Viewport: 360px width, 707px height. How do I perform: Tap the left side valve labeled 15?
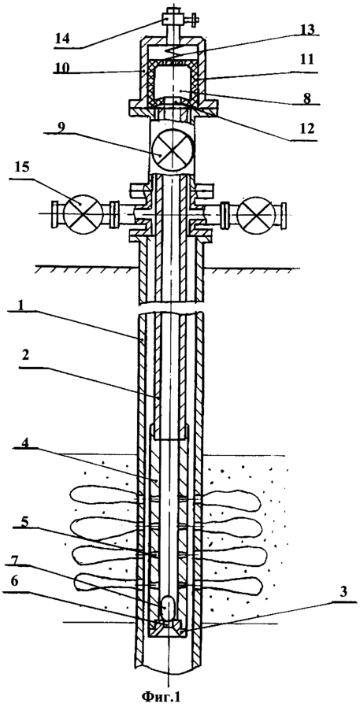click(80, 213)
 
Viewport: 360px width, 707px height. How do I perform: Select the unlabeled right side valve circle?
click(255, 213)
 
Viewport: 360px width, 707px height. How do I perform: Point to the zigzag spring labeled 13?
click(173, 52)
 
